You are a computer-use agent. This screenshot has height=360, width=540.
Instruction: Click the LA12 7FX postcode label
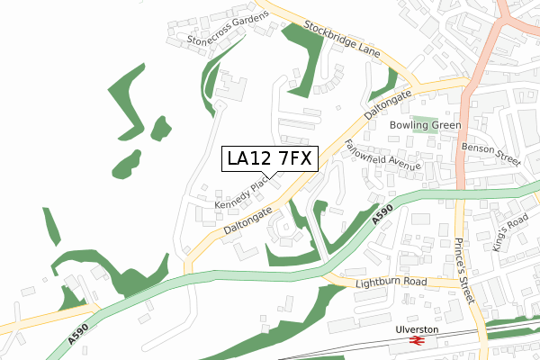[269, 159]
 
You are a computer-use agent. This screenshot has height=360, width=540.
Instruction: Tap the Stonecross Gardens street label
[227, 30]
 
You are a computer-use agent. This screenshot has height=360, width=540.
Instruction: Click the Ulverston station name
[416, 329]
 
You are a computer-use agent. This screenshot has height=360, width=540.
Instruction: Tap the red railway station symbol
[416, 342]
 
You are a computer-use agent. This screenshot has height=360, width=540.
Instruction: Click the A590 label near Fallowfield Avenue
[382, 215]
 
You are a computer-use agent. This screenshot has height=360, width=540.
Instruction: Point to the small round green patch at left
[161, 128]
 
